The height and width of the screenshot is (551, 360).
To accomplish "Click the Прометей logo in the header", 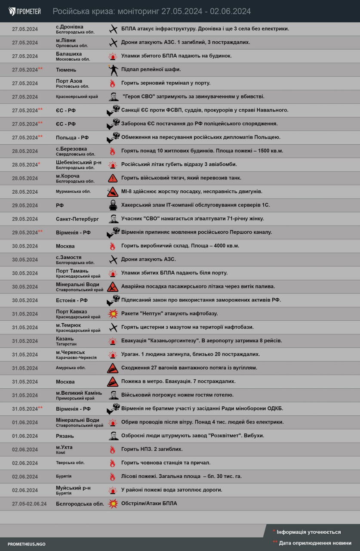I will pyautogui.click(x=25, y=11).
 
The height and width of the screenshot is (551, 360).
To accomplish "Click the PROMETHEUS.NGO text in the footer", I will pyautogui.click(x=26, y=544).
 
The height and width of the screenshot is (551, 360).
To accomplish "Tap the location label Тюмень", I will pyautogui.click(x=66, y=70).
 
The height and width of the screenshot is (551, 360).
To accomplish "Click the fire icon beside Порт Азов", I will pyautogui.click(x=113, y=83).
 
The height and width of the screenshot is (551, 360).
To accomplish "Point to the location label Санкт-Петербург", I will pyautogui.click(x=77, y=219).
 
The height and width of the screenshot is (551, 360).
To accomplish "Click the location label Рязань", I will pyautogui.click(x=65, y=436).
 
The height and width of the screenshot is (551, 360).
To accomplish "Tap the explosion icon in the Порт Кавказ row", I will pyautogui.click(x=113, y=313).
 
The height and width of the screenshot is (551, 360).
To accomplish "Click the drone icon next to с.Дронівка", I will pyautogui.click(x=113, y=29).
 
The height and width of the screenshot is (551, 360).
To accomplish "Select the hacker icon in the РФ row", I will pyautogui.click(x=113, y=205).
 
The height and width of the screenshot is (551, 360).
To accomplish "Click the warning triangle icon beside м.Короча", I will pyautogui.click(x=113, y=178).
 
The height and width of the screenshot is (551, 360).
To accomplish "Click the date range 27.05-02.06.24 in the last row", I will pyautogui.click(x=29, y=504).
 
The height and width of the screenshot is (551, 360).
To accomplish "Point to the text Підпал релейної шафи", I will pyautogui.click(x=151, y=69).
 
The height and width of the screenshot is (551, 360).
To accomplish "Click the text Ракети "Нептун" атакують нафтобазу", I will pyautogui.click(x=169, y=313).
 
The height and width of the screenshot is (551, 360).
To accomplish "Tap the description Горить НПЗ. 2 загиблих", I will pyautogui.click(x=152, y=449).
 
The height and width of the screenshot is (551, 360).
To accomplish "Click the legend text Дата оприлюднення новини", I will pyautogui.click(x=314, y=543).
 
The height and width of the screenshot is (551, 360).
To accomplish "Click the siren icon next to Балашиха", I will pyautogui.click(x=113, y=56).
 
